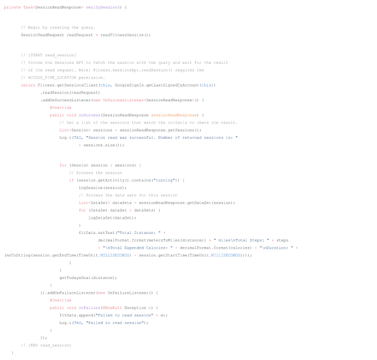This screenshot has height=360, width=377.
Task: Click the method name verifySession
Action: pos(101,8)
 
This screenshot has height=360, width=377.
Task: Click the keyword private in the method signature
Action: pos(12,8)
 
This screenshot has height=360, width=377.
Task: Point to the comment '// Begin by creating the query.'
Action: pos(58,28)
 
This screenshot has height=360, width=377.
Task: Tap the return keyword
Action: pos(28,85)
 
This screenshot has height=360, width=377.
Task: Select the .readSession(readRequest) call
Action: pos(70,93)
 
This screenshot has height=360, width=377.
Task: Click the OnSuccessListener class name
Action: pos(123,100)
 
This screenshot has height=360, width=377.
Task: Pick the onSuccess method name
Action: pos(89,115)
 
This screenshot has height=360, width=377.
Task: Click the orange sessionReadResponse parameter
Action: pos(174,115)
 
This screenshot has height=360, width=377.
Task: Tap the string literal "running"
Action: pos(164,180)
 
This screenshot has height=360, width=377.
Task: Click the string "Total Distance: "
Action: pos(139,233)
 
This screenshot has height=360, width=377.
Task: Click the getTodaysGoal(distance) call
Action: pos(87,278)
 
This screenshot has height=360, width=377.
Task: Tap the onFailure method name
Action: pos(89,308)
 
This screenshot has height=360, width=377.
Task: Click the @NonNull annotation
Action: pos(112,308)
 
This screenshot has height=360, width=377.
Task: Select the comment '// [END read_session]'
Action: pos(46,345)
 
